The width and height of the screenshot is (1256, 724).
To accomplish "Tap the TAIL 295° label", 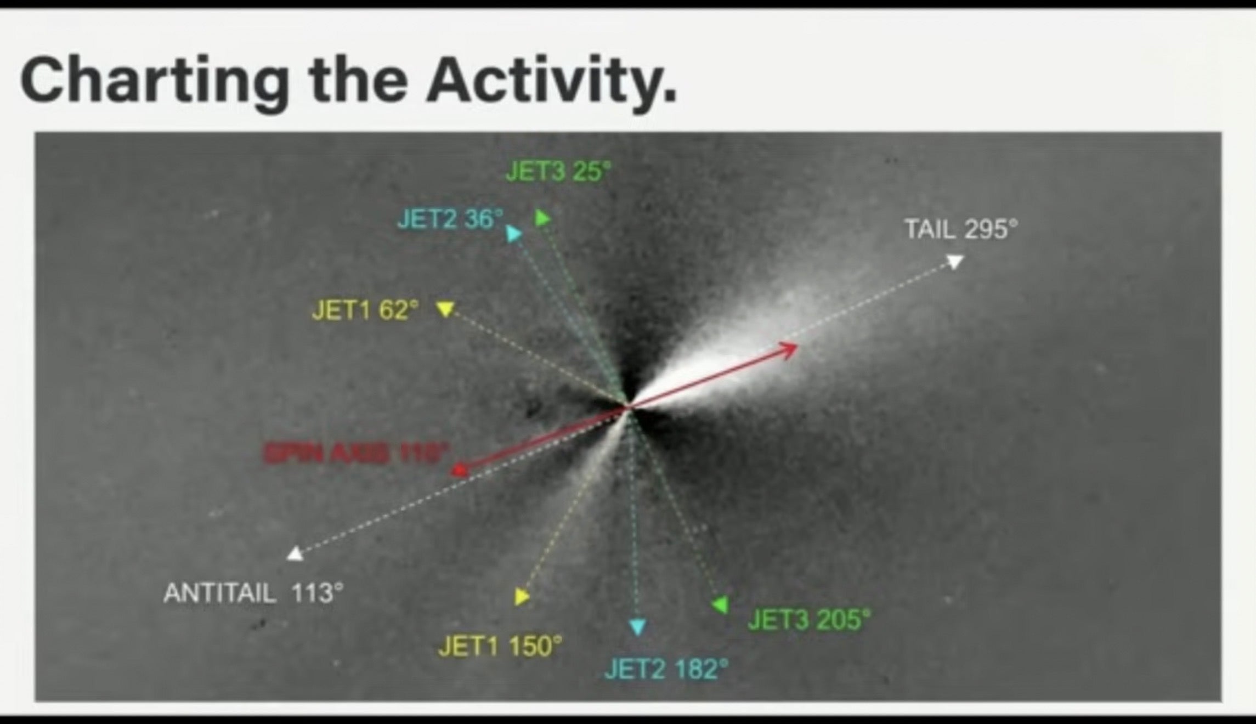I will coord(960,229).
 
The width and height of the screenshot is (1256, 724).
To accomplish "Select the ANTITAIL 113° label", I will coord(253,593).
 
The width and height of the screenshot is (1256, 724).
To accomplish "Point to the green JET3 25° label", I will coord(557,172).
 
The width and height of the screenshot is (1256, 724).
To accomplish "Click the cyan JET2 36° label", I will coord(450,219).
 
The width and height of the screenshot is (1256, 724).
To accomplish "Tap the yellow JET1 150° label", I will coord(500,647).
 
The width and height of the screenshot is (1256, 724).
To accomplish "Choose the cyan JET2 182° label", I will coord(666,670).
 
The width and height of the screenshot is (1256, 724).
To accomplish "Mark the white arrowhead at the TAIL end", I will coord(955,261).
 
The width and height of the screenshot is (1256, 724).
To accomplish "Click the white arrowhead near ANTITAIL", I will coord(295,554).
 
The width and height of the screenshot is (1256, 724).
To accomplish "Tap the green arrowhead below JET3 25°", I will coord(542,218).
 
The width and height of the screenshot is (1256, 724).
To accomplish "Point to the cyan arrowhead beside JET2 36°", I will coord(513,235).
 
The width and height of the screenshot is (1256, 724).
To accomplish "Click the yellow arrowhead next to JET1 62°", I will coord(445,308).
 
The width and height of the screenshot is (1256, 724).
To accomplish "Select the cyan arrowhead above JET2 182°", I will coord(637,626).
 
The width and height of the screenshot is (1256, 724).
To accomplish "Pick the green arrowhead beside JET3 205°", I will coord(720,604).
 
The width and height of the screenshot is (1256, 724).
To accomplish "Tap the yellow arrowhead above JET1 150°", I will coord(522,597).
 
